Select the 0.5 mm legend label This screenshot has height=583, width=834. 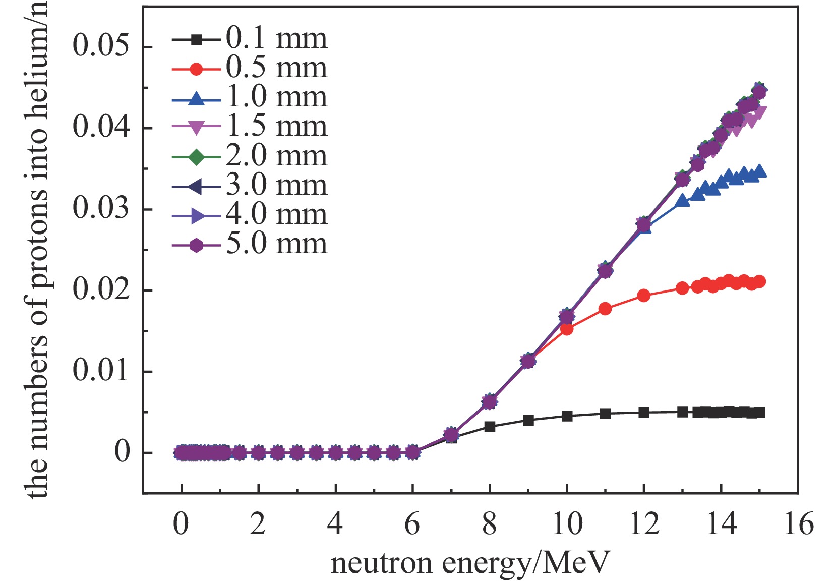click(x=276, y=68)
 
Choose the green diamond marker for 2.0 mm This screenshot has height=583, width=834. click(x=196, y=156)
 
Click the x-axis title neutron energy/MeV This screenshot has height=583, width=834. click(x=470, y=563)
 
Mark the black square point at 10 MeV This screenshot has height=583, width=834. click(x=567, y=416)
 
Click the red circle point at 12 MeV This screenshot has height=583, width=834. click(x=643, y=296)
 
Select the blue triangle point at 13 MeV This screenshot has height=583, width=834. click(x=682, y=201)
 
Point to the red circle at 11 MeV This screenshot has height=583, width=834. click(x=605, y=309)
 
